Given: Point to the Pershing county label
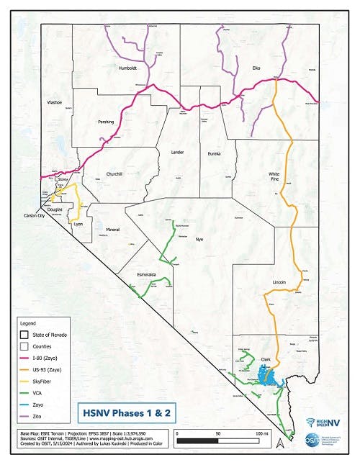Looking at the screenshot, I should (x=107, y=122).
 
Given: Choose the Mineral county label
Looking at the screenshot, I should (x=112, y=230).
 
